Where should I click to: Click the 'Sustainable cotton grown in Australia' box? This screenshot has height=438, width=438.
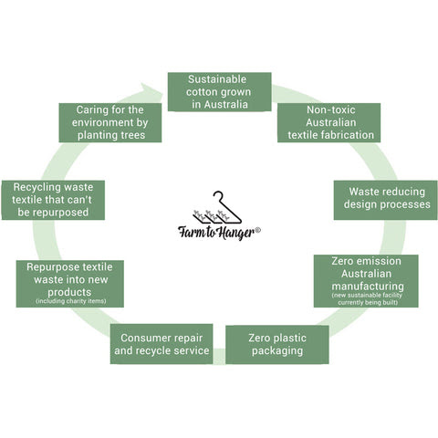219,92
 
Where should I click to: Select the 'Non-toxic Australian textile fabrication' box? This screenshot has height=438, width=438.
328,122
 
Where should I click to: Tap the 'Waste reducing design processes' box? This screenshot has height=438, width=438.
385,200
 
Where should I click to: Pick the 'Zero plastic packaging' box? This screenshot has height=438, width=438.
277,345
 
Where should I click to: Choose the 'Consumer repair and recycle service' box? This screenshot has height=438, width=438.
162,344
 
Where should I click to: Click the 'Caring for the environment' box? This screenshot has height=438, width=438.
110,122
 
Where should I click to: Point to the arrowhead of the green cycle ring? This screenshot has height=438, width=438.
151,90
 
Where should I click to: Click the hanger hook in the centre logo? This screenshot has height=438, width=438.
218,195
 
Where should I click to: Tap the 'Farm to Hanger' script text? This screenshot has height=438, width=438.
216,234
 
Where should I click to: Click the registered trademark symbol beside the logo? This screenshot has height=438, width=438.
257,230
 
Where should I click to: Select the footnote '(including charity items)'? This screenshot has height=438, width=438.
71,301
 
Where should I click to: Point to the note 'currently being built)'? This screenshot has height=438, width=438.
368,302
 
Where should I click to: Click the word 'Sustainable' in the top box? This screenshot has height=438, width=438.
217,79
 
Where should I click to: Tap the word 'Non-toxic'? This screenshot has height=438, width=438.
331,109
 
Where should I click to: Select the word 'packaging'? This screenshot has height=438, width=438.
277,351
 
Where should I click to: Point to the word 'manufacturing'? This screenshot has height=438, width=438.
368,287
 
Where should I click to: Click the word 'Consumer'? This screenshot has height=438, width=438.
143,338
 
